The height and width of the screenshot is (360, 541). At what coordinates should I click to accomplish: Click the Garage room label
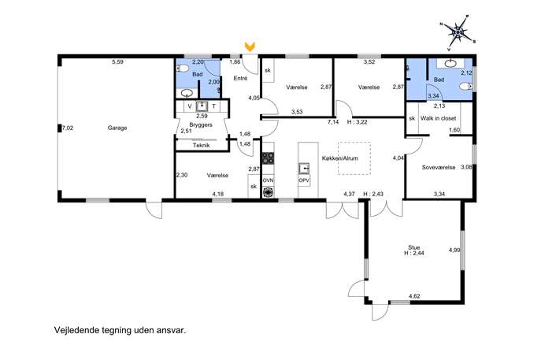[x=117, y=128]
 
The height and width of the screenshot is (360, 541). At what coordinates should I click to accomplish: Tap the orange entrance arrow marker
[x=250, y=46]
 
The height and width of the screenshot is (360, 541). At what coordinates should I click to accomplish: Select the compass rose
[x=458, y=33]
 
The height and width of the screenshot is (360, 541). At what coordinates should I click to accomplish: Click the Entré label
[x=240, y=78]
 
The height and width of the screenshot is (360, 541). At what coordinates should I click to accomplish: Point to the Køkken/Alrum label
[x=340, y=158]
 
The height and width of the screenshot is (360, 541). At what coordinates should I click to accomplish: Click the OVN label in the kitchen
[x=268, y=180]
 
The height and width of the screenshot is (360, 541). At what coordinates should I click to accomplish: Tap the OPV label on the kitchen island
[x=304, y=180]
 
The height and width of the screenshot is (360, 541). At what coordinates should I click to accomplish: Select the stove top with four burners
[x=268, y=158]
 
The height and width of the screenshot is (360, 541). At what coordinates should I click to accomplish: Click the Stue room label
[x=413, y=247]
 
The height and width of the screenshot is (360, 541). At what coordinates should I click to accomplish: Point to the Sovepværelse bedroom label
[x=439, y=168]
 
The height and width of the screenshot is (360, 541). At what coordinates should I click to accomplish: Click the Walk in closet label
[x=438, y=118]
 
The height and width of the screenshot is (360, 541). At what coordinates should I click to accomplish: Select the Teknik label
[x=201, y=145]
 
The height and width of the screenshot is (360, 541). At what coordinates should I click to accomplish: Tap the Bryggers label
[x=201, y=124]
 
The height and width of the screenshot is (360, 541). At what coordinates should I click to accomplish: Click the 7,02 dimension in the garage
[x=68, y=128]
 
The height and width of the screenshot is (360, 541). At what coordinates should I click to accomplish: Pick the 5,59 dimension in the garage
[x=117, y=62]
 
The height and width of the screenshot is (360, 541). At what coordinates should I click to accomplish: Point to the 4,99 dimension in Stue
[x=454, y=251]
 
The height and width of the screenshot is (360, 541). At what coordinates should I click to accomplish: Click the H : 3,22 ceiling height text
[x=357, y=122]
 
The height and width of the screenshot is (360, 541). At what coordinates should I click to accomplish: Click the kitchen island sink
[x=304, y=168]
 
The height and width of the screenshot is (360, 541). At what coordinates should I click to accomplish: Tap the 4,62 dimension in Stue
[x=414, y=296]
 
